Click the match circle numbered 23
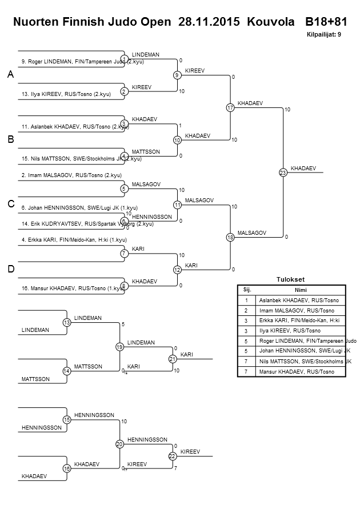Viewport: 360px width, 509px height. click(x=282, y=173)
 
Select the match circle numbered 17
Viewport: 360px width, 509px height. click(x=230, y=108)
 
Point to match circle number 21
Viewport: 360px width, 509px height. click(x=173, y=359)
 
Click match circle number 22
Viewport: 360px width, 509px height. click(x=173, y=456)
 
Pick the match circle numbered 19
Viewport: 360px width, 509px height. click(x=119, y=347)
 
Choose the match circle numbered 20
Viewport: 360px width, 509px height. click(x=119, y=444)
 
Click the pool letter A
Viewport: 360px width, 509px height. click(x=10, y=75)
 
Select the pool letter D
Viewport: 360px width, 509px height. click(x=10, y=269)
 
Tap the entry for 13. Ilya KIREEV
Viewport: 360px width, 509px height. click(x=66, y=94)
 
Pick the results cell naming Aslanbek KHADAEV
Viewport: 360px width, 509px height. click(x=299, y=300)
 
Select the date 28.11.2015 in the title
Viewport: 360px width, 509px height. click(x=210, y=22)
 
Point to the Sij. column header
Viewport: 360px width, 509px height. click(x=247, y=290)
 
